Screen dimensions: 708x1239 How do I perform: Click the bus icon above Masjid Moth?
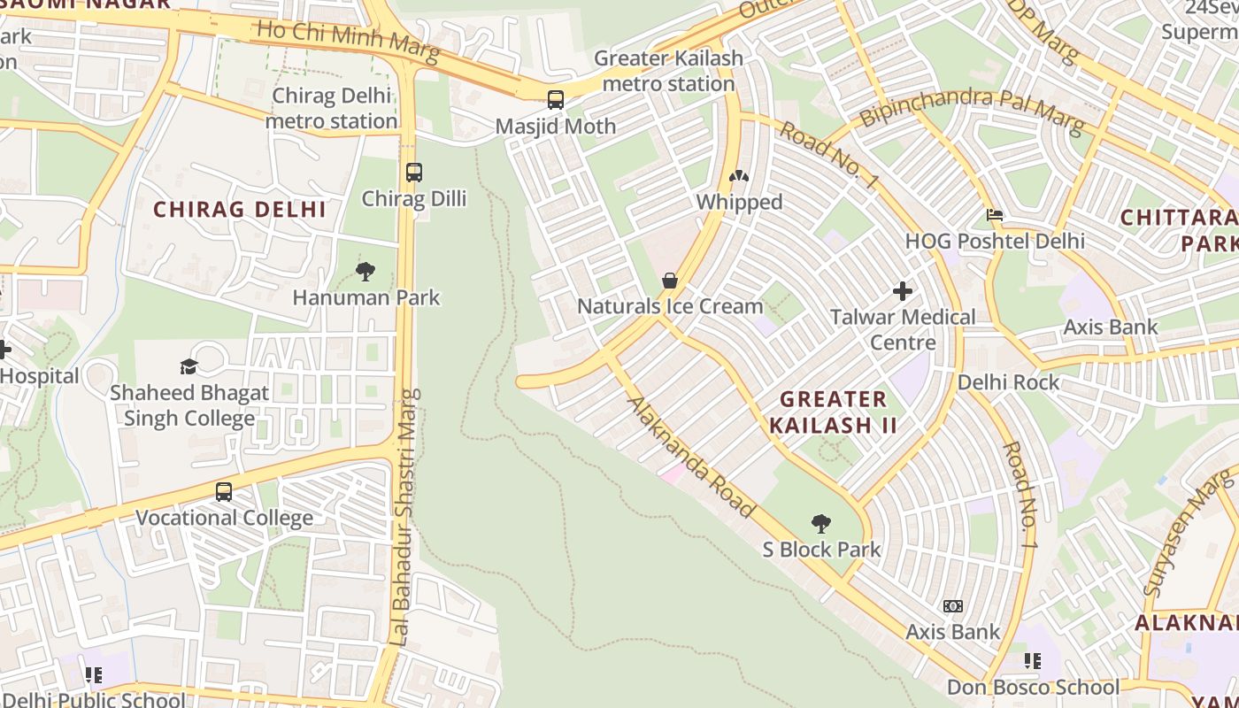(x=556, y=100)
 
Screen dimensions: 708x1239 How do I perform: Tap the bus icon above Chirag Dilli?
(x=414, y=173)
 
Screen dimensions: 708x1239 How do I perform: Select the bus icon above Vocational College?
(x=224, y=492)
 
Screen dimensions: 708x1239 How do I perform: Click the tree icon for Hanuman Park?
(x=366, y=272)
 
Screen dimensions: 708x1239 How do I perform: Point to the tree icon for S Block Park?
(x=821, y=524)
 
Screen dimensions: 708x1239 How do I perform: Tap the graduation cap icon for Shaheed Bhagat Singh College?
(x=189, y=366)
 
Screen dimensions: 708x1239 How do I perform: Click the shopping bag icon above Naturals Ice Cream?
(x=670, y=281)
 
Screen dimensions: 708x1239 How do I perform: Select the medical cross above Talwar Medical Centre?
(x=903, y=290)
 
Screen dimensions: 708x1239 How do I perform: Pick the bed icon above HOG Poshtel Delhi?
(x=995, y=215)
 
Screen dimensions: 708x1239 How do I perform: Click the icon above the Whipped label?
(x=738, y=176)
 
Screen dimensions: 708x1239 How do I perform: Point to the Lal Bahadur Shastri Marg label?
(x=404, y=517)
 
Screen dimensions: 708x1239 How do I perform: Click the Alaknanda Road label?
(x=691, y=458)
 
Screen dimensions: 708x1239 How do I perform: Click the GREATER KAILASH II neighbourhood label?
(x=833, y=412)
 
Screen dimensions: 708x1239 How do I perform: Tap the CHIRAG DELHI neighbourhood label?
(x=240, y=210)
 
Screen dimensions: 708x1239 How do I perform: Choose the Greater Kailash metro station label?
(x=668, y=71)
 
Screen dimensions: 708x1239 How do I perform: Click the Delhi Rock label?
(x=1008, y=382)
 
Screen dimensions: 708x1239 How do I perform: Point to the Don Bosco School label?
(x=1033, y=687)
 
